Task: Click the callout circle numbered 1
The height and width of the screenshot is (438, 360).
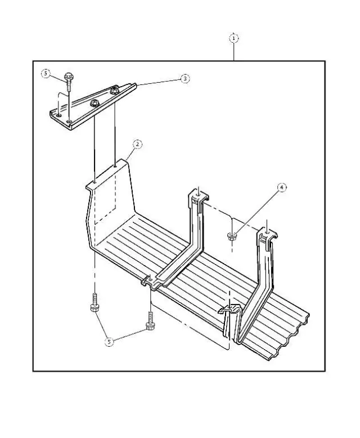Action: click(233, 38)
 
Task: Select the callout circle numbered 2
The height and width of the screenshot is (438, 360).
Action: click(137, 144)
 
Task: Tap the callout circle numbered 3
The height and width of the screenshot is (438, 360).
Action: click(185, 79)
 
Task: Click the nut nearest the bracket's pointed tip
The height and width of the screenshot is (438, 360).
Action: click(115, 91)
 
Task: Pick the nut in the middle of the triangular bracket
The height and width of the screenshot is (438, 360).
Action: click(94, 104)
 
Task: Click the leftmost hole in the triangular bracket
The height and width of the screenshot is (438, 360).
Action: click(57, 115)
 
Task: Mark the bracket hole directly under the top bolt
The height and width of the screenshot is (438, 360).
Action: click(68, 120)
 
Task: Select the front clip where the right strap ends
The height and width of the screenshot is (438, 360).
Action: click(231, 310)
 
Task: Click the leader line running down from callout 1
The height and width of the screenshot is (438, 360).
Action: click(233, 51)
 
